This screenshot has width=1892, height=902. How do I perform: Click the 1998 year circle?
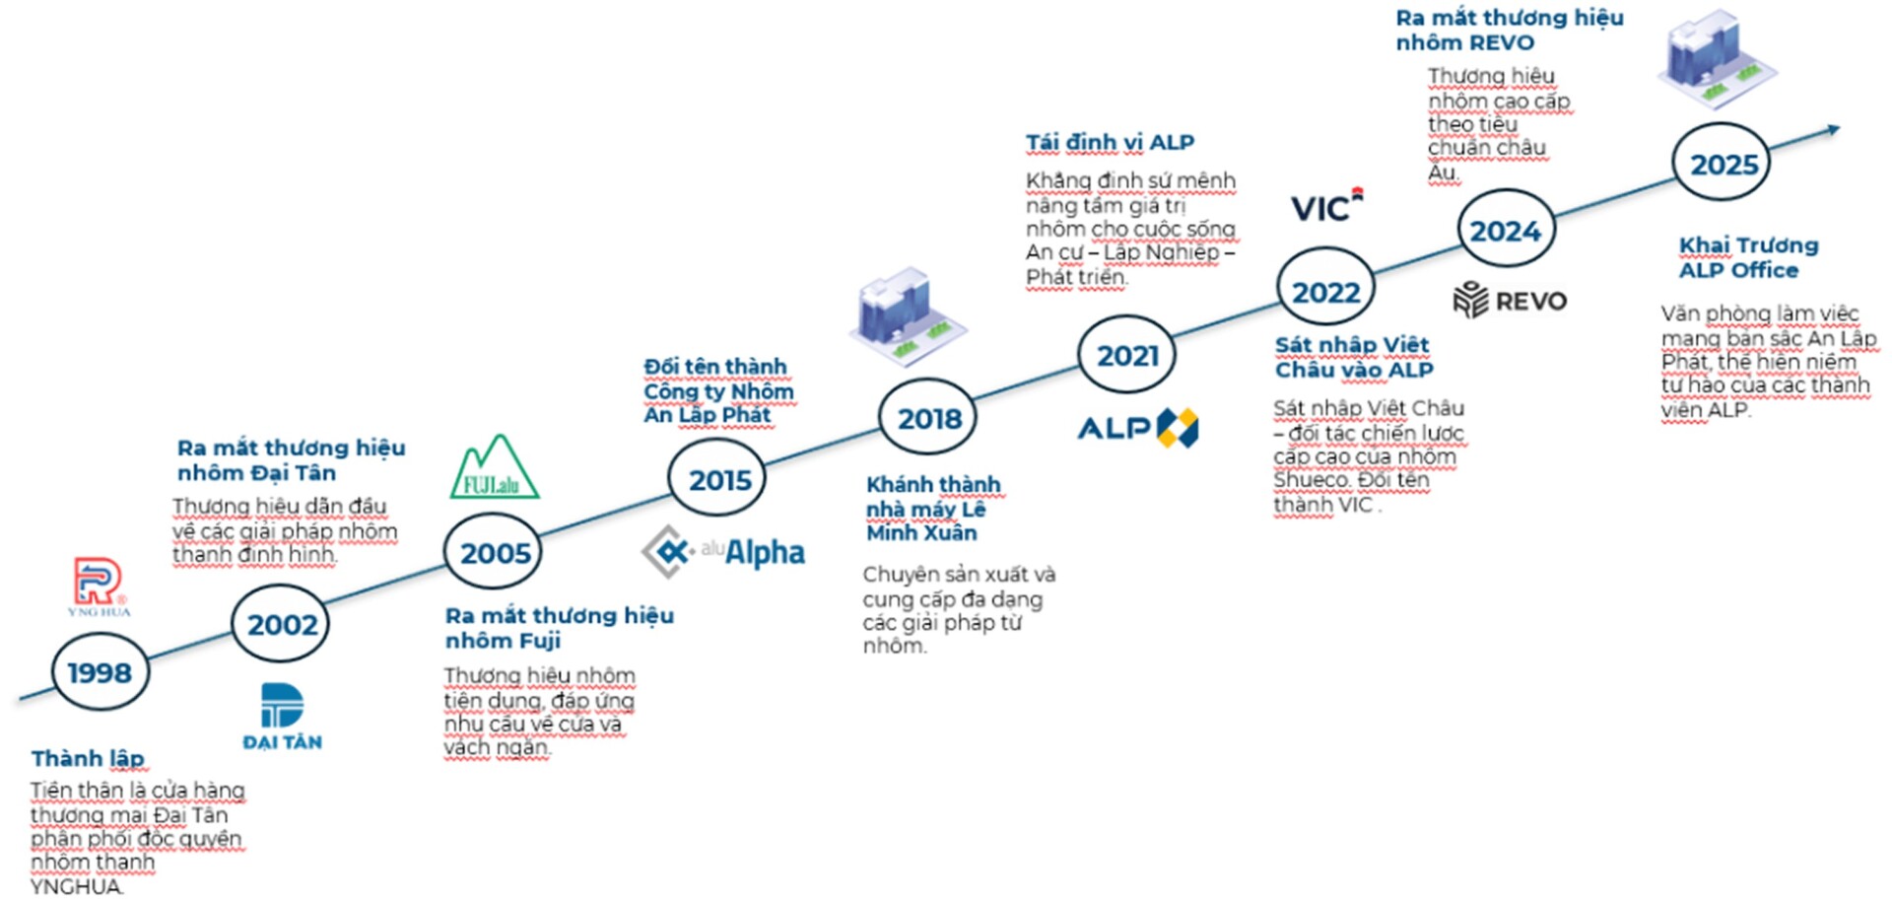100,672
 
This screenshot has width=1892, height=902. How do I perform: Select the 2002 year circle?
282,624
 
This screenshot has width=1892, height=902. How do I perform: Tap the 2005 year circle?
494,553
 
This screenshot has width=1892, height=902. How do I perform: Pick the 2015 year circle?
718,480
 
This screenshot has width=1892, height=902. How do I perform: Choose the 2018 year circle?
928,418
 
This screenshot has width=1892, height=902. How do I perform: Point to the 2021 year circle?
1127,355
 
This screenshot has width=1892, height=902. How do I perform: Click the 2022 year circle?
1325,292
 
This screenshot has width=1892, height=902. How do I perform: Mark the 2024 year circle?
1505,231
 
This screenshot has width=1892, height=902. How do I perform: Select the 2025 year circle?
1723,164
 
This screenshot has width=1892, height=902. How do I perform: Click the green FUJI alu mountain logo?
494,468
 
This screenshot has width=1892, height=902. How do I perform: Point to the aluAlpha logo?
724,551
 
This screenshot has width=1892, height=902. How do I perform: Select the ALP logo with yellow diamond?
1138,428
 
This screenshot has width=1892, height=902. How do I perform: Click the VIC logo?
1326,206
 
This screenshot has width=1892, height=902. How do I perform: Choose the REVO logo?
1510,300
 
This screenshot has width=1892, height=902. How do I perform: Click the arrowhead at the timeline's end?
1832,129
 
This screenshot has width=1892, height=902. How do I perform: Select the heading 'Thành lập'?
88,758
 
